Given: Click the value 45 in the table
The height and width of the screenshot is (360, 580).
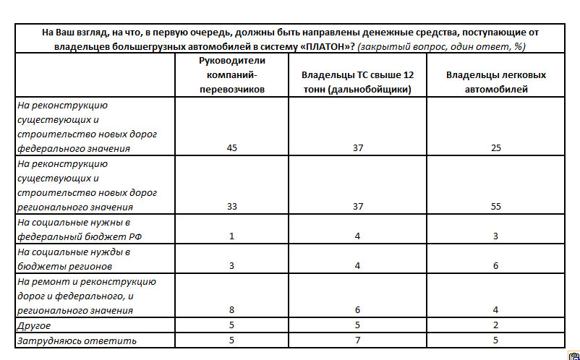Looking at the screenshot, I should tap(231, 148).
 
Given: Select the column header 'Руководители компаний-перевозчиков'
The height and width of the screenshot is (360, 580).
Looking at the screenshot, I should tap(231, 75).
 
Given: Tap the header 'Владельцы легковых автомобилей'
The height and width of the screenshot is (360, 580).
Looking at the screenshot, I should tap(495, 82).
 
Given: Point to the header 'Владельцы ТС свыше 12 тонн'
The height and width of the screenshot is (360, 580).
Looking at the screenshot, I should tap(358, 82).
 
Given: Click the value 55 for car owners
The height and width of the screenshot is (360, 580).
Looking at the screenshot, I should tap(495, 206).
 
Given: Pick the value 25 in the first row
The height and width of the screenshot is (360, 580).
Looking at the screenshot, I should tap(495, 148).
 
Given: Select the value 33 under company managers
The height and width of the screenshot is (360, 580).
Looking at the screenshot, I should tap(231, 206).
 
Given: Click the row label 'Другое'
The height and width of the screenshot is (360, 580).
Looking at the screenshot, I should tap(33, 326).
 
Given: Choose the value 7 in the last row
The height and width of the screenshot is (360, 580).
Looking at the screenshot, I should tap(358, 340).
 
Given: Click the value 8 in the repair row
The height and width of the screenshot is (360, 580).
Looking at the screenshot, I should tap(231, 310).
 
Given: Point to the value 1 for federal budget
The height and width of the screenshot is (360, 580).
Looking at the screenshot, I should tap(231, 236).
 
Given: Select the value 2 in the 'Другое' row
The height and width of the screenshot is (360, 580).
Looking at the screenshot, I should tap(495, 326).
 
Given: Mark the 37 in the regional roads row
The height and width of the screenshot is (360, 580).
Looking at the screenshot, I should tap(358, 206).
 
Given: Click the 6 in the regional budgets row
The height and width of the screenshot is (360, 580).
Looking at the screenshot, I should tap(495, 265).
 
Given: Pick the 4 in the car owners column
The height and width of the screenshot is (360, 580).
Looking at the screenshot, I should tap(495, 310).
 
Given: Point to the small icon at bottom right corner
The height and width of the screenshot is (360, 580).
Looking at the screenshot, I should tap(571, 355).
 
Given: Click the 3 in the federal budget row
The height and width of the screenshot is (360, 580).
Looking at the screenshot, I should tap(495, 236).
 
